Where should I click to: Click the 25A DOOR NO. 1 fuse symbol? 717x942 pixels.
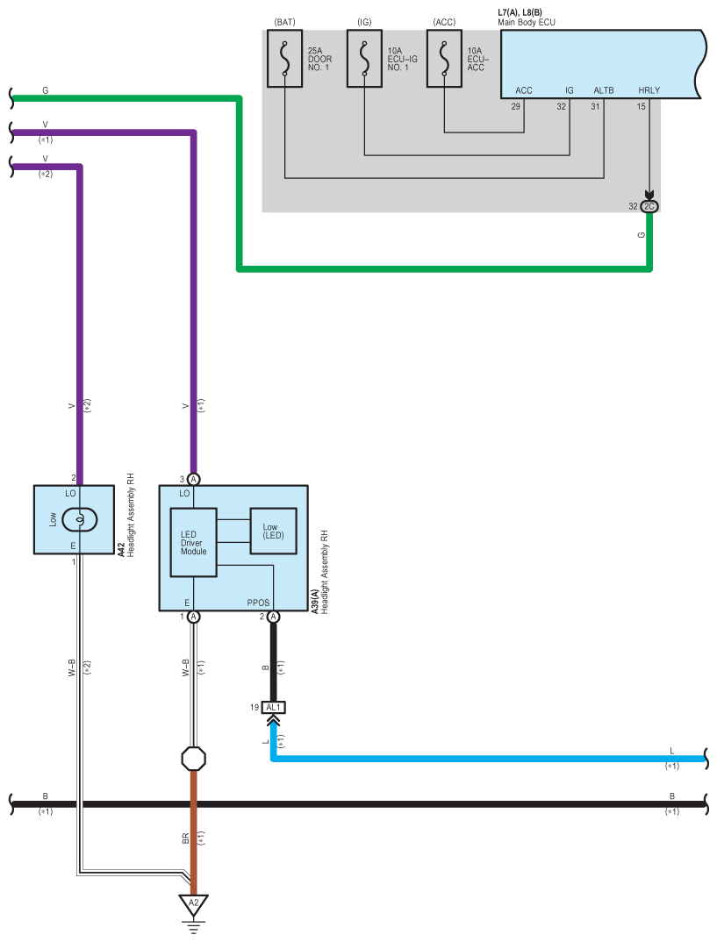coord(284,59)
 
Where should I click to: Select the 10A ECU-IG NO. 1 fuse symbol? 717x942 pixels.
coord(364,59)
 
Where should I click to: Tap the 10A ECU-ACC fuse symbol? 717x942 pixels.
coord(444,59)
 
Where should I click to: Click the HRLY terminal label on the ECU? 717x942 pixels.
coord(649,90)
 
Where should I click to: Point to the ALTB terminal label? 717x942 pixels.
coord(604,90)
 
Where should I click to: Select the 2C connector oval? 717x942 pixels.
coord(649,206)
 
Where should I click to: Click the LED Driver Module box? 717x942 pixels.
coord(193,542)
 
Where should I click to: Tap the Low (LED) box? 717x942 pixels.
coord(275,531)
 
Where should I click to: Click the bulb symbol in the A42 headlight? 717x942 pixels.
coord(80,519)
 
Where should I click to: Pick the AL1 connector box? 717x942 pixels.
coord(274,707)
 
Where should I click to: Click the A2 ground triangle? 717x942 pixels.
coord(193,903)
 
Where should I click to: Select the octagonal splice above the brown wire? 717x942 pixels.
coord(193,757)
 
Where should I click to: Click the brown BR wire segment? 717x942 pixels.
coord(193,833)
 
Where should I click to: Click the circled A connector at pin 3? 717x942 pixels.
coord(194,479)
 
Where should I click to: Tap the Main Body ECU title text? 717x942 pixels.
coord(527,22)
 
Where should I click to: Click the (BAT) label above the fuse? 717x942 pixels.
coord(284,20)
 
